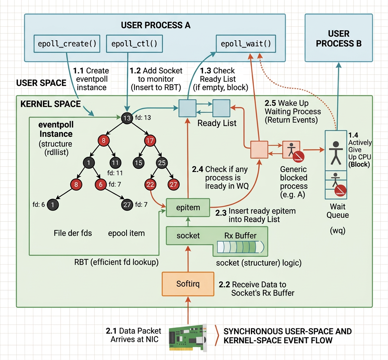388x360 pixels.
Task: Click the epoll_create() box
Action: pos(67,44)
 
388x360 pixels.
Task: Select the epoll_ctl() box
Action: pos(134,44)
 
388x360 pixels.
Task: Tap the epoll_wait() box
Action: pos(246,44)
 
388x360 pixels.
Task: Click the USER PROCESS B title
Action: pos(338,38)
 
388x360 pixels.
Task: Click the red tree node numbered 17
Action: pos(150,140)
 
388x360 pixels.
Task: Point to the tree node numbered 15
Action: pos(138,163)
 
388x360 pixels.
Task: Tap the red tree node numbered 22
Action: pos(150,184)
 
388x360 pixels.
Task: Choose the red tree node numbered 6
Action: pos(100,184)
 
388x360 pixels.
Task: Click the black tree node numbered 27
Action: pos(127,205)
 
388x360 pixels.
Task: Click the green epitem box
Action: pos(188,208)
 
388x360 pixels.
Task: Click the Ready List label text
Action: pos(217,123)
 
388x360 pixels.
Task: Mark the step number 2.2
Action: pos(224,285)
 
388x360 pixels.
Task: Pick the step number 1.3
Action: pos(206,70)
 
